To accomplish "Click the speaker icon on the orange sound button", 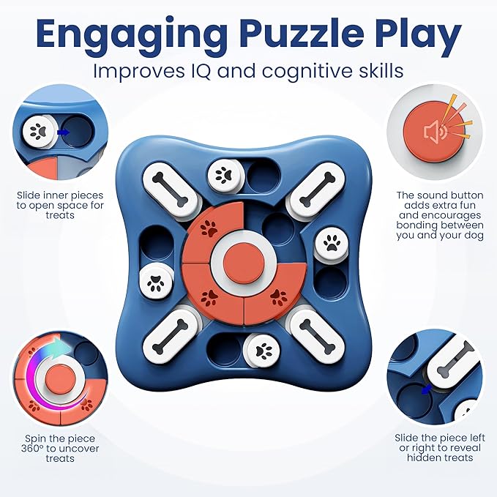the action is (x=436, y=131).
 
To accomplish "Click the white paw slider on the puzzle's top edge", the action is (x=225, y=175).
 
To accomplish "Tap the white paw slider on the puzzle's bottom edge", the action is (x=264, y=350).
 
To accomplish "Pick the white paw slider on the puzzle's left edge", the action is (x=156, y=282).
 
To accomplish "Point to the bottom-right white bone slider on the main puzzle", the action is (x=317, y=336).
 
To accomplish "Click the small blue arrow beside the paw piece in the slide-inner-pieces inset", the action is (x=64, y=132).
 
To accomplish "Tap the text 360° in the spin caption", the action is (x=32, y=449).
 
